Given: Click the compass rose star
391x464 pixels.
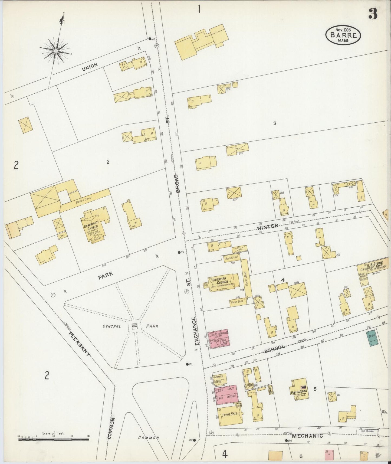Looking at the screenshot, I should click(56, 51).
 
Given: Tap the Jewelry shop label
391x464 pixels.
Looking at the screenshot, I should click(219, 377).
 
